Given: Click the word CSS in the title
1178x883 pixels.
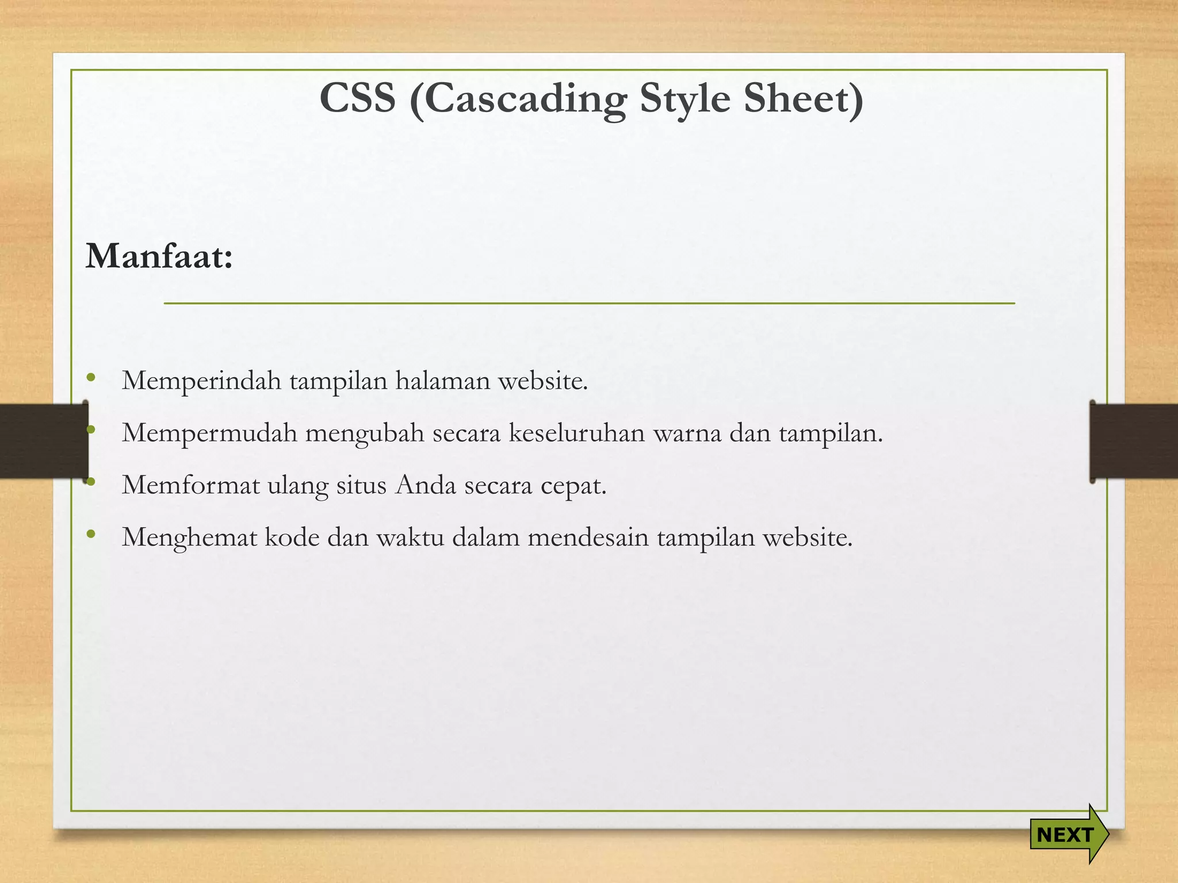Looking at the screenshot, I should (x=358, y=98).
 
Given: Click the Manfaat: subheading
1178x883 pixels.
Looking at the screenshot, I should (x=159, y=256).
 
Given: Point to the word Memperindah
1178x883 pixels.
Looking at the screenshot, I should (x=201, y=381).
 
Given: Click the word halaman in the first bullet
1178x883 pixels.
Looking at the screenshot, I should (x=442, y=381).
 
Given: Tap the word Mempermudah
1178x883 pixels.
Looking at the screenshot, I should (x=209, y=433).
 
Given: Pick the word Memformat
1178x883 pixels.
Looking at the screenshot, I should (x=191, y=485).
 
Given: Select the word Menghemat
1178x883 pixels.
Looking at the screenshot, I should (x=189, y=538).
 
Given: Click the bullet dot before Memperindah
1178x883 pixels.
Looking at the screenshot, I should (x=90, y=378).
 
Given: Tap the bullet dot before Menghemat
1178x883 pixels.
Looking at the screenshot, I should (x=90, y=534).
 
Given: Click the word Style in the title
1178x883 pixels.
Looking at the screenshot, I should (x=685, y=99).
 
